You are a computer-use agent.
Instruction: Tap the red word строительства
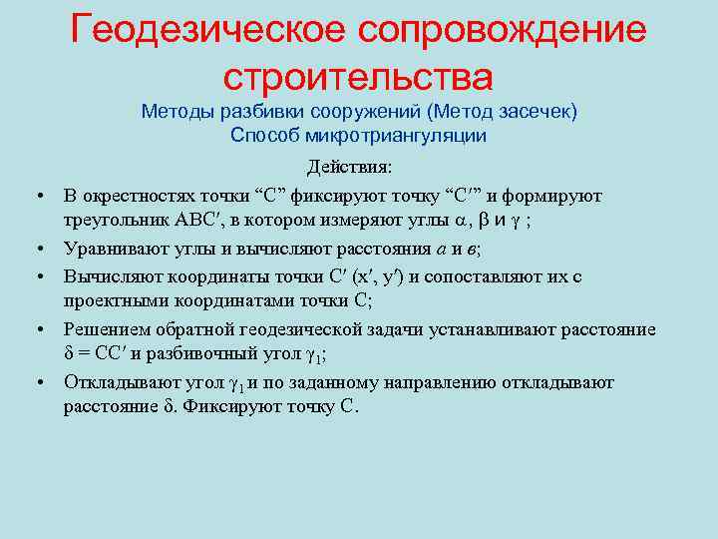tap(358, 76)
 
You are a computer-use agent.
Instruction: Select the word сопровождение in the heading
tap(509, 30)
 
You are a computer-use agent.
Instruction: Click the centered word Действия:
tap(350, 167)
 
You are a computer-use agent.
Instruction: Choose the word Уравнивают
tap(112, 248)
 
